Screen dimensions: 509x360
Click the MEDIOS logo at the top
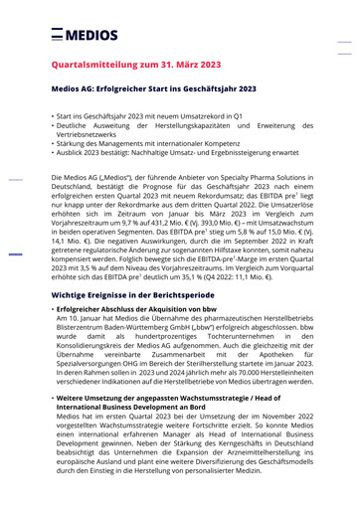tap(88, 33)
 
